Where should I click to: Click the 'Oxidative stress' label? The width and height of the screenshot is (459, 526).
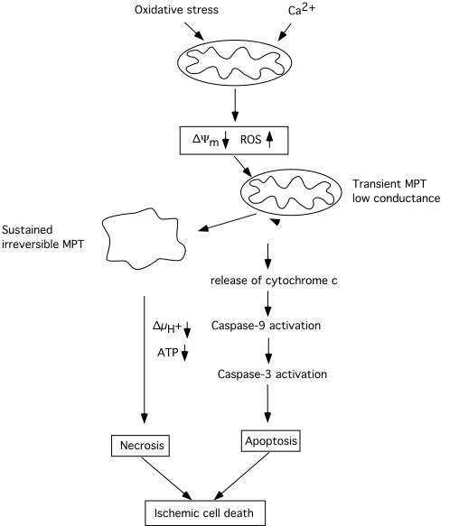pos(176,10)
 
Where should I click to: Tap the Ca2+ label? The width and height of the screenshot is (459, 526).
pos(302,9)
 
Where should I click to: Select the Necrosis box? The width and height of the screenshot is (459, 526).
pos(140,446)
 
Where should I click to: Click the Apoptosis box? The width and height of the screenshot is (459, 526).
pos(271,441)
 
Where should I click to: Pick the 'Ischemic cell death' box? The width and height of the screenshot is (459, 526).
pos(205,512)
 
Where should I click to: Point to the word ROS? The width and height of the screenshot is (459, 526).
pos(250,140)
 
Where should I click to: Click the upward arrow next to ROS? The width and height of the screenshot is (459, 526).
pos(269,140)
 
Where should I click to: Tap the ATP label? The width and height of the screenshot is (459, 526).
pos(168,353)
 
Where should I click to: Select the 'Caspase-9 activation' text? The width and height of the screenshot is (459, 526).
pos(267,326)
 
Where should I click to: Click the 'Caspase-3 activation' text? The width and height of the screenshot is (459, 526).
pos(272,374)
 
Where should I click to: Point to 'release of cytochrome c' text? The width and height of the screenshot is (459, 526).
pos(274,281)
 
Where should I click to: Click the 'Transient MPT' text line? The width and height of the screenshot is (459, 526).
pos(389,184)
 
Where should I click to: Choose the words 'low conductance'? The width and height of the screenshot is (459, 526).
pos(396,198)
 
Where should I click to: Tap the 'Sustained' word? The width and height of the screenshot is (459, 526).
pos(27,230)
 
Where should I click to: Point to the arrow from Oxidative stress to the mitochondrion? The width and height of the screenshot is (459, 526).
pos(194,32)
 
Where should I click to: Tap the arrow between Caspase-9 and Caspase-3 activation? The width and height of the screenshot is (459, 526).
pos(267,351)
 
